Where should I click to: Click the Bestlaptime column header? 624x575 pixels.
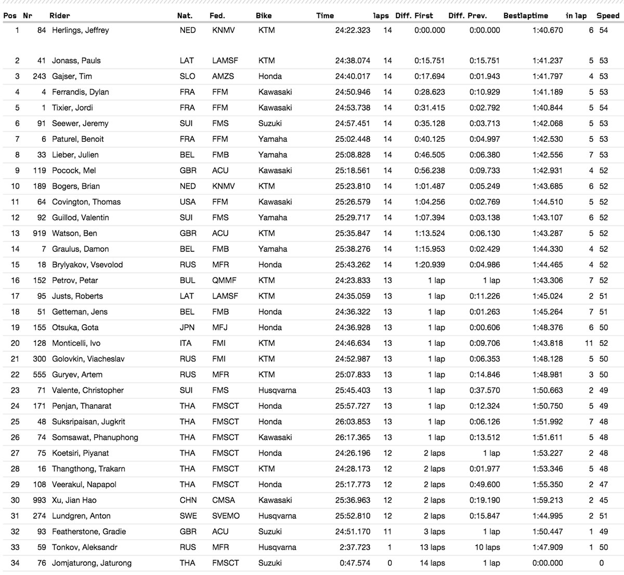click(525, 16)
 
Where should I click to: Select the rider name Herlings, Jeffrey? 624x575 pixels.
click(81, 30)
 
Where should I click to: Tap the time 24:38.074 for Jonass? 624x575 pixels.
click(353, 61)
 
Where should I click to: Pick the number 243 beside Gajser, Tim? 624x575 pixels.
click(40, 76)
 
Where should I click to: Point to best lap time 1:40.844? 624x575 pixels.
click(548, 108)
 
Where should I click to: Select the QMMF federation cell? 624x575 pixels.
click(224, 280)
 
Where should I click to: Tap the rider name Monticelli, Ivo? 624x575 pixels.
click(76, 343)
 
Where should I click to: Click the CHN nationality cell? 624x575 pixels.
click(188, 500)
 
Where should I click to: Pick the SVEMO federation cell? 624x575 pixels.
click(226, 516)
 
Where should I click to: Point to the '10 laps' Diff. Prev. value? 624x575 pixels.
click(487, 547)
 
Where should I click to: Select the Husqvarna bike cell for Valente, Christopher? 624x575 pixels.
click(277, 391)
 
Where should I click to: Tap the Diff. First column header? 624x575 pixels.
click(414, 16)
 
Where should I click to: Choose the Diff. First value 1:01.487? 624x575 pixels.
click(430, 186)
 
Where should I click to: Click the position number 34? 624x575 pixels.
click(15, 563)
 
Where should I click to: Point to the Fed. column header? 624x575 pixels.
click(217, 16)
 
